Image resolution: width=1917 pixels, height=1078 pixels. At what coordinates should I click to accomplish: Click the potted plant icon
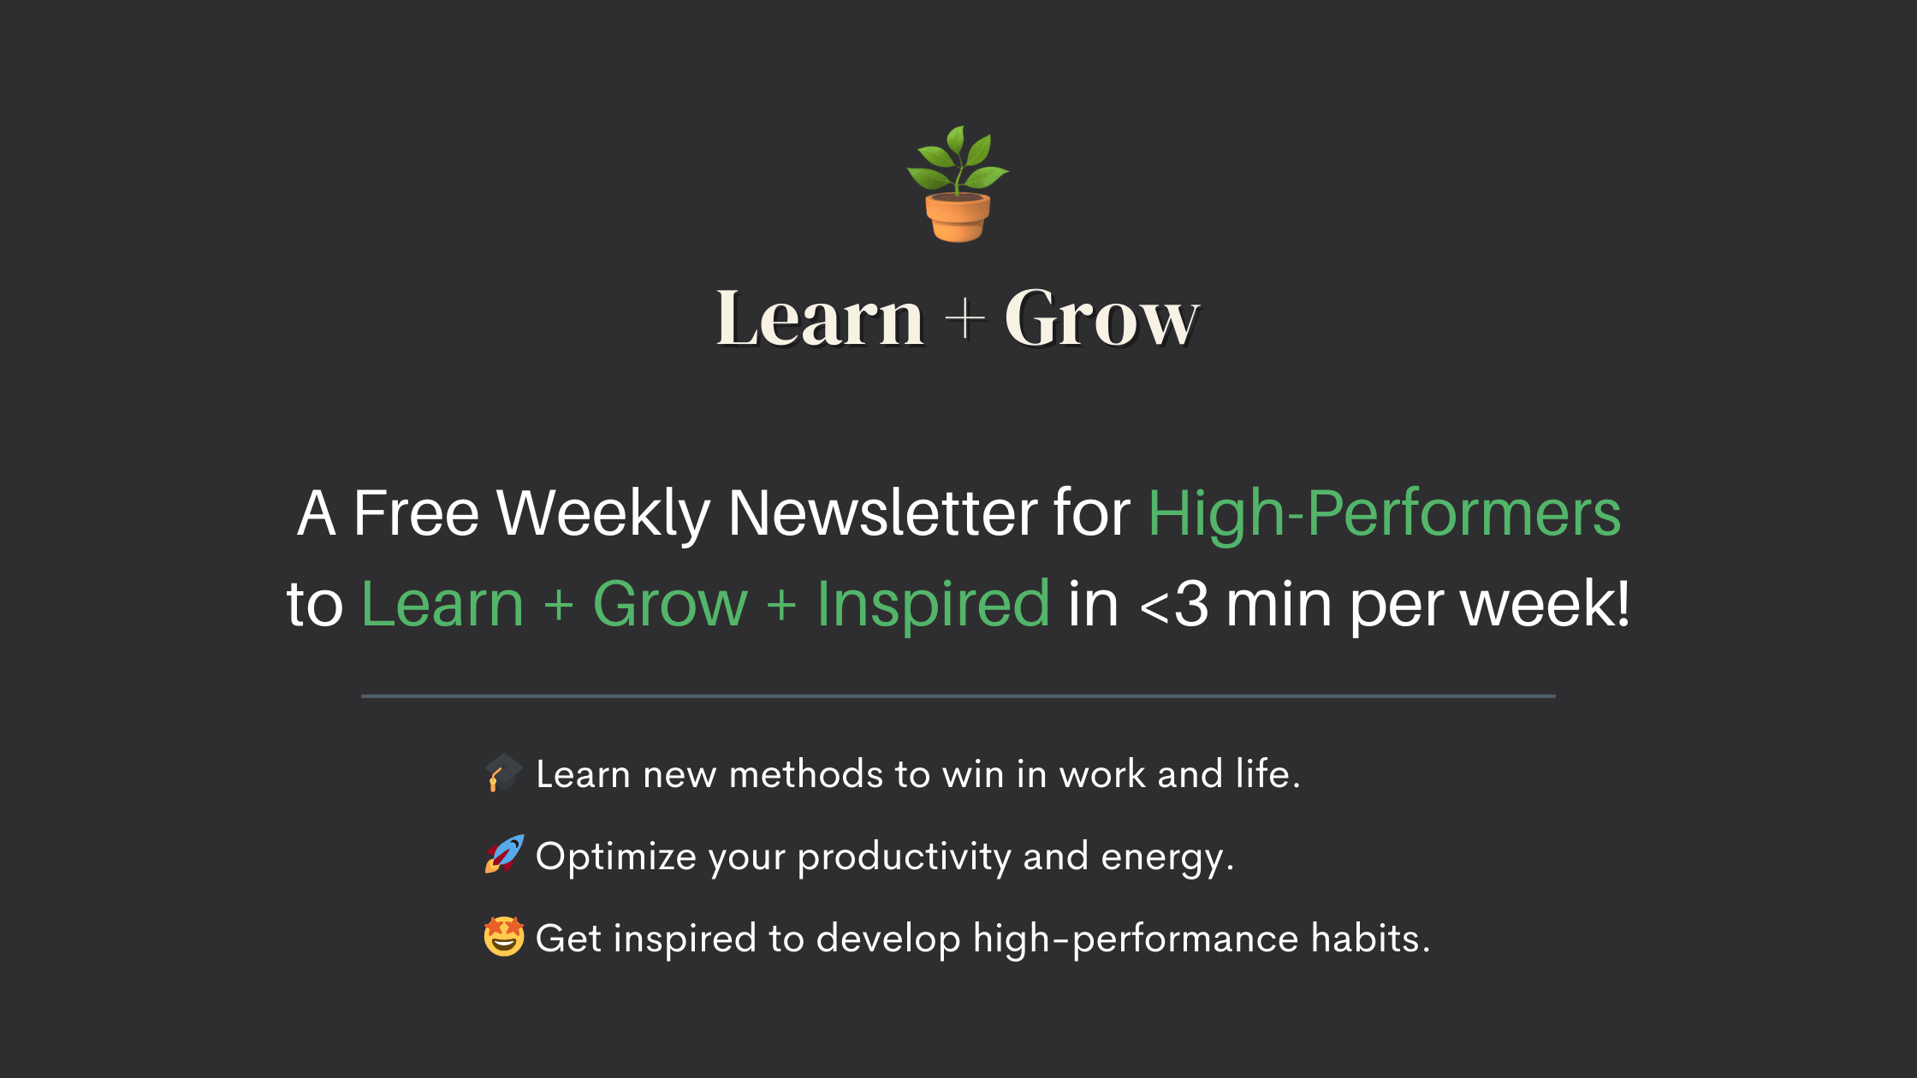(958, 184)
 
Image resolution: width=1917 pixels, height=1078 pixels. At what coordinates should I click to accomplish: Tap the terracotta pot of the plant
(958, 217)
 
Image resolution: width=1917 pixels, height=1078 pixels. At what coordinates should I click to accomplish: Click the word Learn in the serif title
(820, 318)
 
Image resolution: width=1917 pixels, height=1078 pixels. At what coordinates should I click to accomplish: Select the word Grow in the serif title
(1102, 318)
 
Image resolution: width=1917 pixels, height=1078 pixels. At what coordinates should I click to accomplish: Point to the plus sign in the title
(964, 318)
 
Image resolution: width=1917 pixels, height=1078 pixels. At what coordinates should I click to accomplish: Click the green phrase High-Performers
(1385, 514)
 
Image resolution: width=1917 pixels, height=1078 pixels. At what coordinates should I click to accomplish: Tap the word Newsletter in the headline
(882, 513)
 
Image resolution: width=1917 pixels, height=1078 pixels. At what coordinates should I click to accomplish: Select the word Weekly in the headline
(603, 514)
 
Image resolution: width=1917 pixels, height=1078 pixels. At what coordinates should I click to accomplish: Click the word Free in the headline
(416, 513)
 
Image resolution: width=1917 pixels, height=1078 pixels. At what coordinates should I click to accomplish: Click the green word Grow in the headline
(670, 604)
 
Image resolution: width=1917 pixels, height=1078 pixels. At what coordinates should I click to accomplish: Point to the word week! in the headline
(1545, 604)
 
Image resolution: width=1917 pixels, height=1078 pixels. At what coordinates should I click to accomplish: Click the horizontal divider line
(958, 696)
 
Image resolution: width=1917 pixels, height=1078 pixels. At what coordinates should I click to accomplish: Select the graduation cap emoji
(503, 773)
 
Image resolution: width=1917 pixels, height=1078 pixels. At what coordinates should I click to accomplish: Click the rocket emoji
(504, 855)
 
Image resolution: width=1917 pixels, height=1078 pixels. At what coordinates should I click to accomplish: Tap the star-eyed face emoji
(504, 937)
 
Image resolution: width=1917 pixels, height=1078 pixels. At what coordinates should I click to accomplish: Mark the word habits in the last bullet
(1370, 939)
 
